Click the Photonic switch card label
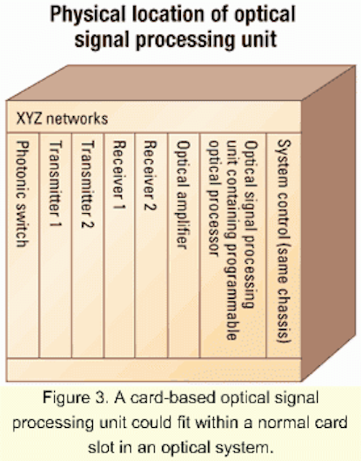22,194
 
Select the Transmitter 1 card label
55,184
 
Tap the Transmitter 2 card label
87,184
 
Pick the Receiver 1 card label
119,174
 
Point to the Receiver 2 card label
150,175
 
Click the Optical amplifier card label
183,194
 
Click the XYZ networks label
62,118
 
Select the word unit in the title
259,38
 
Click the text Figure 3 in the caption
74,398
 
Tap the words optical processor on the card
214,199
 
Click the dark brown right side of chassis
329,223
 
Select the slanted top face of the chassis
181,83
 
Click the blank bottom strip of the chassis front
153,370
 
